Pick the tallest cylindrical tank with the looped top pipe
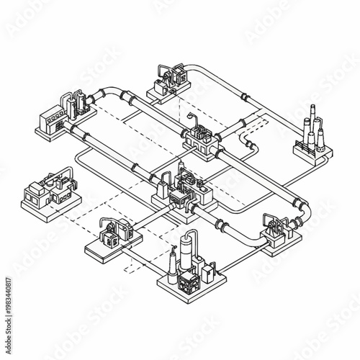[x=189, y=248]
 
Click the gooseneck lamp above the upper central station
[x=190, y=117]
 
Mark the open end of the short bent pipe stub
[x=251, y=147]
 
